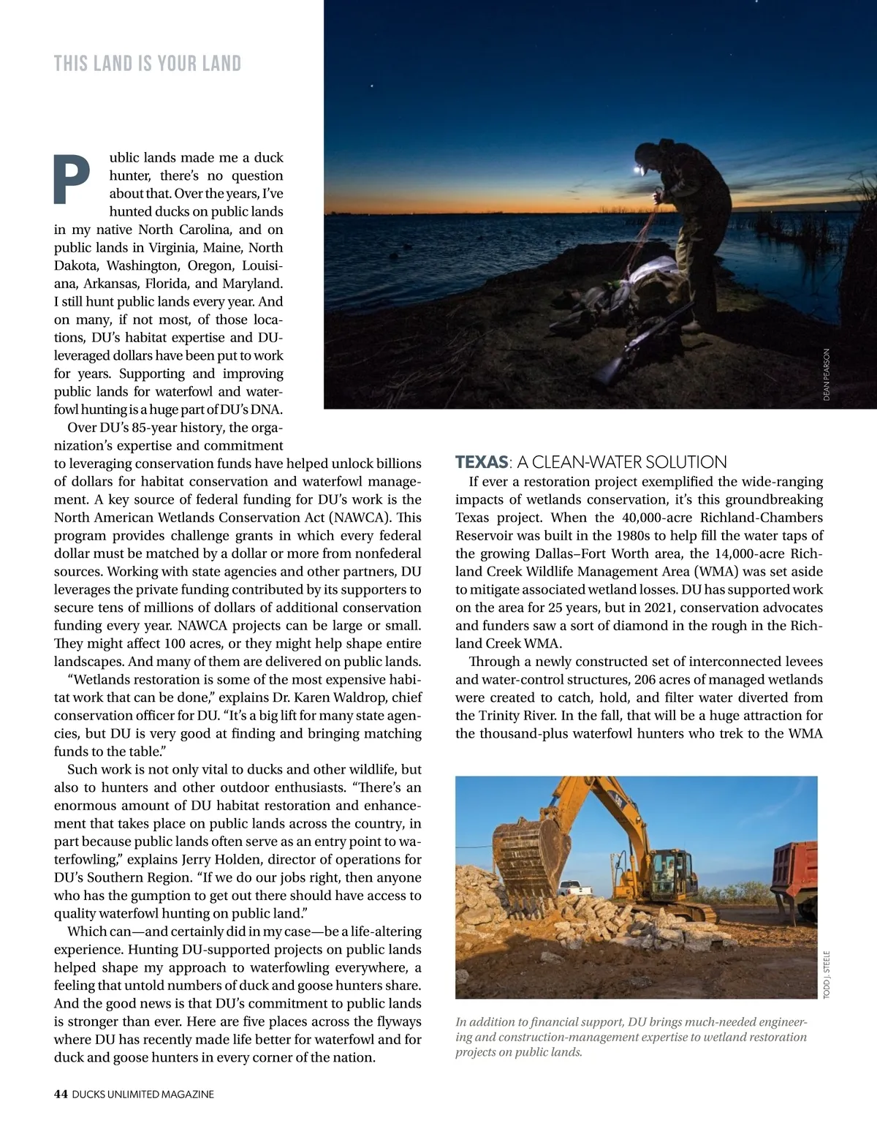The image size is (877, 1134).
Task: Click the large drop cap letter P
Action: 72,179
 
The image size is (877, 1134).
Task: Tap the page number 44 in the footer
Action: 61,1094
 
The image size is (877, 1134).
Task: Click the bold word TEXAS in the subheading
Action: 481,462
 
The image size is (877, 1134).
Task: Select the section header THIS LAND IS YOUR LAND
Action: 147,64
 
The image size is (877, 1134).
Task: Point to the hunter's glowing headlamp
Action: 639,170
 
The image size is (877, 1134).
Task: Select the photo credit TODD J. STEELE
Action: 827,973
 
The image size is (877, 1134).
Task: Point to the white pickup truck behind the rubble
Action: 578,889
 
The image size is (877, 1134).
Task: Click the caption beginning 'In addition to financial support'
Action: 631,1037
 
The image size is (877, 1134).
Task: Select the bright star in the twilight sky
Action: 371,86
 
